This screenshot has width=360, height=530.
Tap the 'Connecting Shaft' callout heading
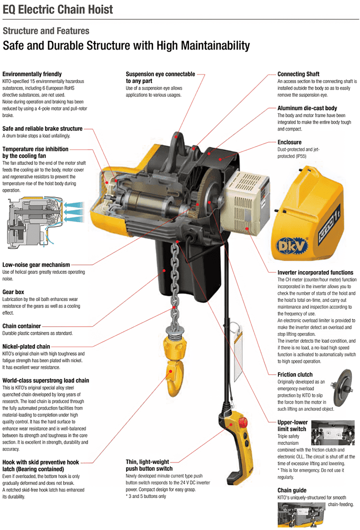click(298, 74)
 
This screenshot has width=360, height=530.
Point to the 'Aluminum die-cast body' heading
click(307, 108)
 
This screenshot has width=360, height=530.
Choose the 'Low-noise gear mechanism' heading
click(36, 264)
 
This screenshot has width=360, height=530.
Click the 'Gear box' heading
click(13, 291)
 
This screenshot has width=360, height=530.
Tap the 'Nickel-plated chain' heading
click(26, 346)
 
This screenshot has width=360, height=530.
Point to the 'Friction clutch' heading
click(295, 374)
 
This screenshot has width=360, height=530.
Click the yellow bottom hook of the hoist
click(172, 365)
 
